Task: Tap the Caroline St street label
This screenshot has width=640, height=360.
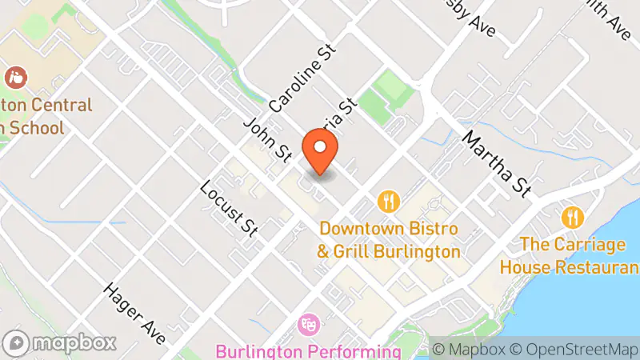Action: click(303, 78)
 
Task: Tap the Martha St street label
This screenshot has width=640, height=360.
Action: click(496, 162)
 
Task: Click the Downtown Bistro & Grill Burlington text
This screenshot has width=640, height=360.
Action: click(389, 240)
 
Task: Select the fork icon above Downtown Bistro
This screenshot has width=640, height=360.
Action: click(389, 200)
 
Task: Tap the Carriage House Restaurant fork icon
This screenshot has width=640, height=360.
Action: click(571, 216)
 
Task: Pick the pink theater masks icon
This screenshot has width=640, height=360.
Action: click(307, 325)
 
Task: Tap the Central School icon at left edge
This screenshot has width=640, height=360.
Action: click(14, 78)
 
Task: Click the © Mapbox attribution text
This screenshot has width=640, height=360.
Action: click(469, 349)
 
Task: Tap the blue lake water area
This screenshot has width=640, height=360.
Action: click(592, 320)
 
